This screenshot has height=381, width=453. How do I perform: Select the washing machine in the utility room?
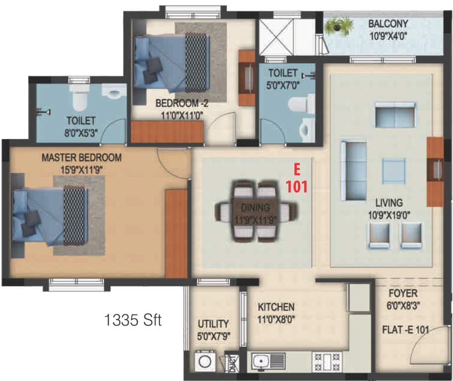pyautogui.click(x=203, y=361)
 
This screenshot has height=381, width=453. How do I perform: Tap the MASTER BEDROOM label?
pyautogui.click(x=81, y=158)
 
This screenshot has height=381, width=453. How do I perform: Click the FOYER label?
pyautogui.click(x=402, y=293)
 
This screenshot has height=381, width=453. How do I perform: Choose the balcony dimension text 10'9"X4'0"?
pyautogui.click(x=388, y=36)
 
